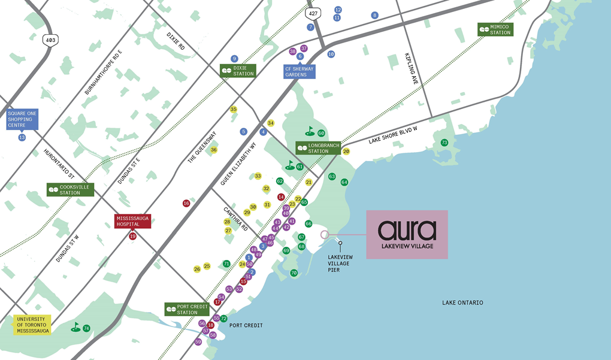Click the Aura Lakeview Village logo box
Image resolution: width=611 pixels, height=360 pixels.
[x=407, y=234]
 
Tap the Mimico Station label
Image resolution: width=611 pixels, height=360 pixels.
[x=495, y=29]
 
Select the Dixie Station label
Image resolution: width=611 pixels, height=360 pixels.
[x=238, y=70]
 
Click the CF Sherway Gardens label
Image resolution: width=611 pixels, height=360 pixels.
[x=299, y=72]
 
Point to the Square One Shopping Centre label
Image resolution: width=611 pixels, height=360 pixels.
[x=22, y=120]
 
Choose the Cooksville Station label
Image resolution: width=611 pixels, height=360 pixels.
[x=70, y=189]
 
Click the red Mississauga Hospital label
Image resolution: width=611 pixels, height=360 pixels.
[x=132, y=221]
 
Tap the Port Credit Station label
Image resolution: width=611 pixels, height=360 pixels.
[x=186, y=309]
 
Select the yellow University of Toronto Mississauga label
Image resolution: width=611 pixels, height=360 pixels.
[x=33, y=324]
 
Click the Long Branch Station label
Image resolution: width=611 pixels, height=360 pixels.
[x=318, y=148]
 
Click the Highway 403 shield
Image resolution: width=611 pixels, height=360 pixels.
[x=50, y=40]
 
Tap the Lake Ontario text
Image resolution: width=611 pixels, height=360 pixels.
[x=462, y=302]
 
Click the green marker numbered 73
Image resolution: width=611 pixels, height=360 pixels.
[x=444, y=143]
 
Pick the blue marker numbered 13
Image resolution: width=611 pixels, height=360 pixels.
[x=22, y=137]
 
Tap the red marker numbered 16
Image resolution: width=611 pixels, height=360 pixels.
[x=186, y=203]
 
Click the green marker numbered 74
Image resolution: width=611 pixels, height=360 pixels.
[x=86, y=328]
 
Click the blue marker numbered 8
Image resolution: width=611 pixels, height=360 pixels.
[x=375, y=15]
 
